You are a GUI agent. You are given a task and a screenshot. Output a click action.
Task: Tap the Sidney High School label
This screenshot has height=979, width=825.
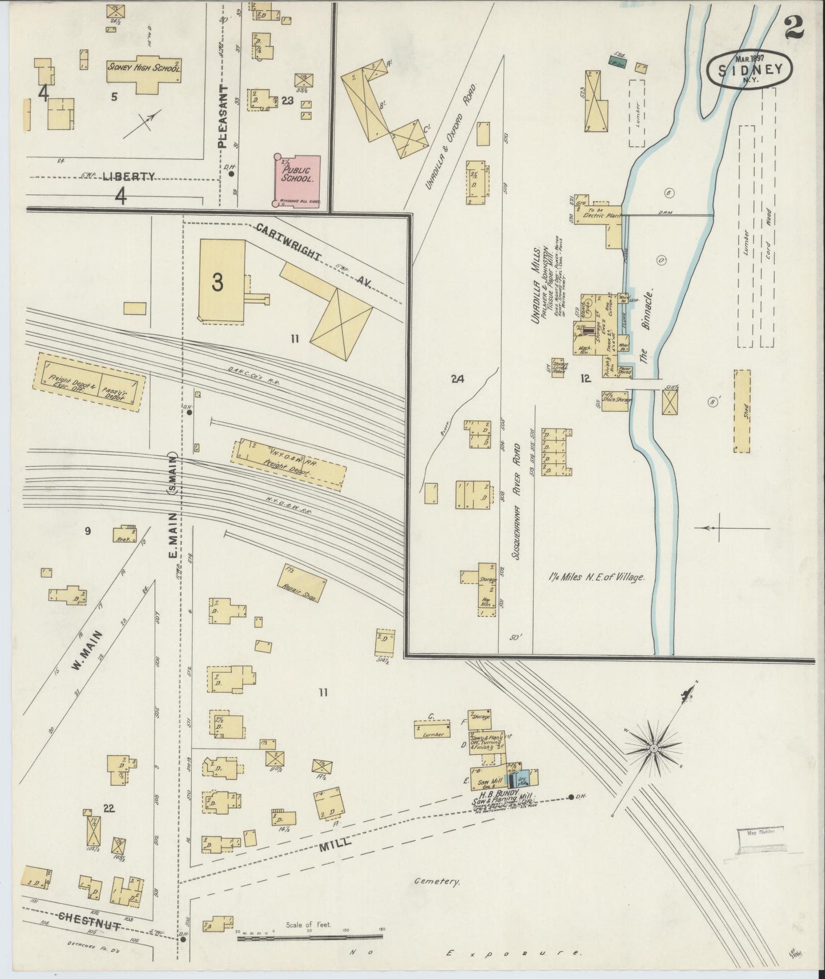coord(144,67)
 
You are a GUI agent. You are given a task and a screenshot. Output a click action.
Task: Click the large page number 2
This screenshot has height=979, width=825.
coord(794,27)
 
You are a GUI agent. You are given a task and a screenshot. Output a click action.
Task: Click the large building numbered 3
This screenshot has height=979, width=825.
coord(222,281)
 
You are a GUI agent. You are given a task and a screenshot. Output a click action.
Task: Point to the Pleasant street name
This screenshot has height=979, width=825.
coord(223,117)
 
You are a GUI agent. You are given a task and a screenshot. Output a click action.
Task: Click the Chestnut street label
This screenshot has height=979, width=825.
coord(89,920)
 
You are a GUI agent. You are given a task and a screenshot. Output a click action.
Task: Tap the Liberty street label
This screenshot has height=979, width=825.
coord(128,177)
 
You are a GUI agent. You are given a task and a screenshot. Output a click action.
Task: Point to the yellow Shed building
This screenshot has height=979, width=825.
coord(742,411)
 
